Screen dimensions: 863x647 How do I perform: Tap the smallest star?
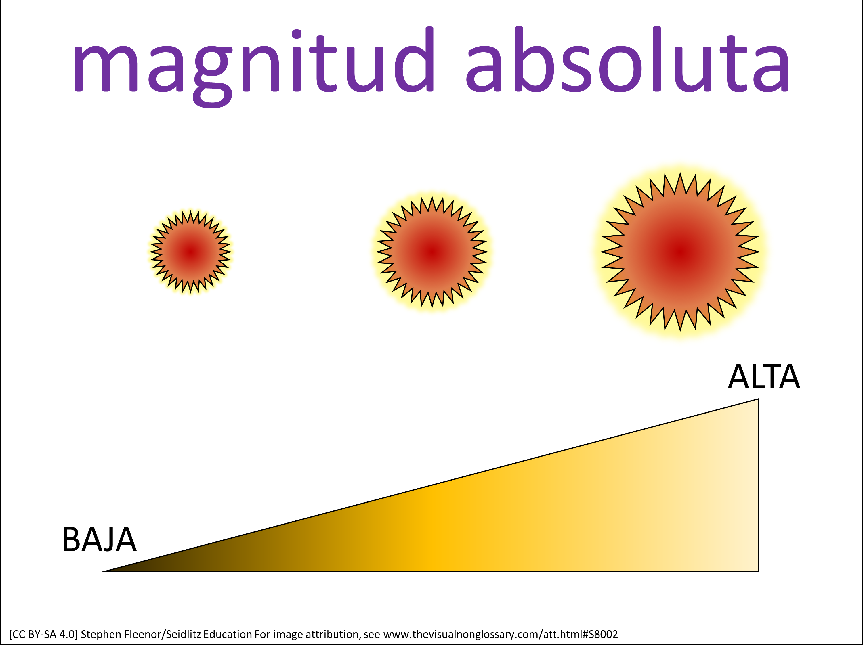click(191, 252)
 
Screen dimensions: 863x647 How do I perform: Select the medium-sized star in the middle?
click(432, 252)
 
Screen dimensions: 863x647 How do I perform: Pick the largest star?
click(680, 252)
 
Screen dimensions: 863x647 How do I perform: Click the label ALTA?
click(764, 377)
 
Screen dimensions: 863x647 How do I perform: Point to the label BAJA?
click(100, 540)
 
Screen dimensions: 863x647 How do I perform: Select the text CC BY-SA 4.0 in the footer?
click(43, 635)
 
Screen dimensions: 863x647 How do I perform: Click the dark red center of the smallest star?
click(191, 252)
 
